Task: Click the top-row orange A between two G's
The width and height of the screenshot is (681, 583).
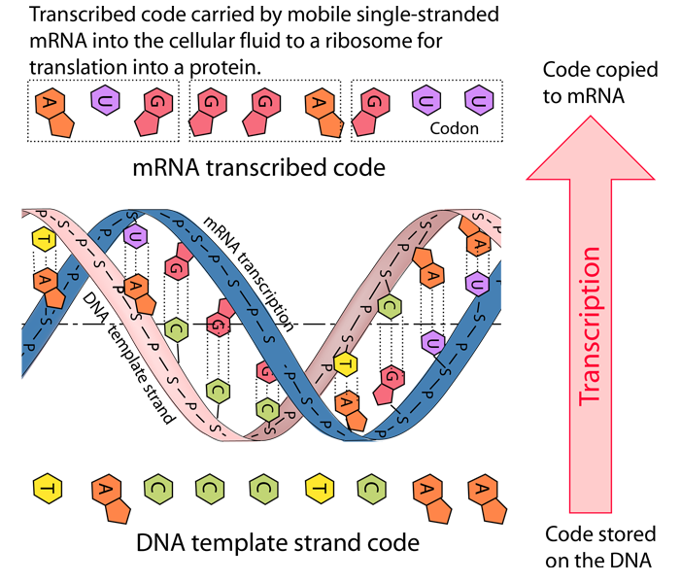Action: pos(321,103)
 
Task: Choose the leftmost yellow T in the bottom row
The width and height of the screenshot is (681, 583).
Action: pos(48,487)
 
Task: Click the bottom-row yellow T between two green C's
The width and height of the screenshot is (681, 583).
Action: pos(319,487)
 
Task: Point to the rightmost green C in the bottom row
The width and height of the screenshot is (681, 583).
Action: pos(371,487)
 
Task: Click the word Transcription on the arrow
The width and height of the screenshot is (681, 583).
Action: pos(589,326)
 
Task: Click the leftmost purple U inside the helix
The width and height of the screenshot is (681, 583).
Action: pos(135,236)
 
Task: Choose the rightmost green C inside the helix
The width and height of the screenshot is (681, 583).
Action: pos(389,307)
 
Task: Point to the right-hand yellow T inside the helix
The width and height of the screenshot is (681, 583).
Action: pos(345,364)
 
